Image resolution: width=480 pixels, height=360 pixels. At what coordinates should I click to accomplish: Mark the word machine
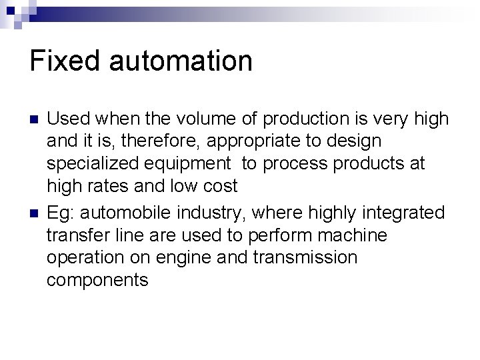click(x=353, y=235)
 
